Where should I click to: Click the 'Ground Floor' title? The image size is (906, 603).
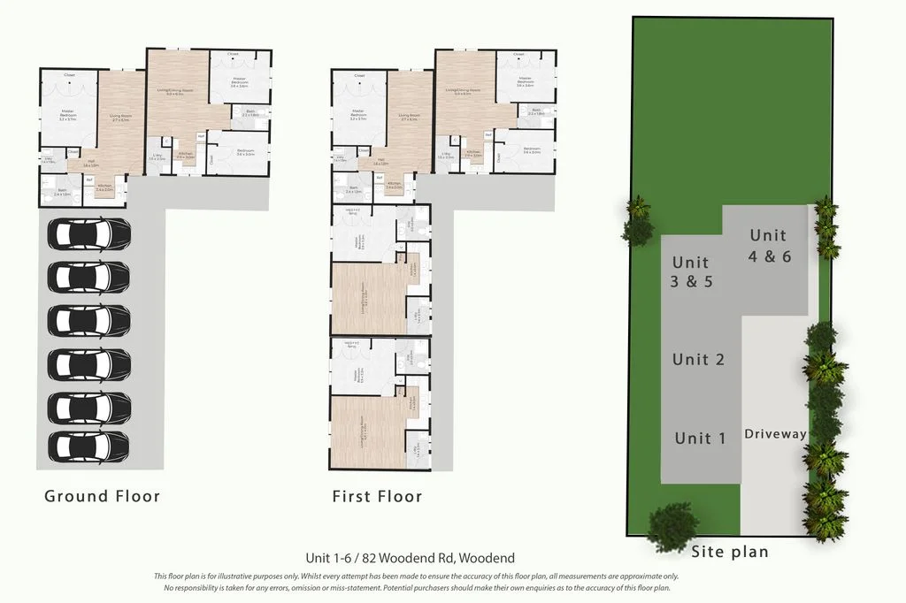(x=103, y=496)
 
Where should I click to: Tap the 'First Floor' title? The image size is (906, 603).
(x=377, y=496)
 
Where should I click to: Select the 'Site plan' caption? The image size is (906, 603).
(x=730, y=552)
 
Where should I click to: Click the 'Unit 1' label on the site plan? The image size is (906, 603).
(x=700, y=438)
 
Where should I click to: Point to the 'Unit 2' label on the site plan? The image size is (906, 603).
(x=698, y=359)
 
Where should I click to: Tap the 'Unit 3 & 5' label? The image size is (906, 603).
(x=692, y=272)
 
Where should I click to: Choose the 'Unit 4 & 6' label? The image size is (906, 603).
(x=768, y=245)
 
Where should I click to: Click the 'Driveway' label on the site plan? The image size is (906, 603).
(x=775, y=434)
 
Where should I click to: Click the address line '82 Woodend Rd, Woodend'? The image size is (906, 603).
(x=410, y=559)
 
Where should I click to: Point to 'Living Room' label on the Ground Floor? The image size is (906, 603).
(x=114, y=116)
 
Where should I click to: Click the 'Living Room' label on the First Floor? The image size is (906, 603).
(x=409, y=116)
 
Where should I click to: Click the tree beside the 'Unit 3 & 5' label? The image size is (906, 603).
(x=637, y=223)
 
